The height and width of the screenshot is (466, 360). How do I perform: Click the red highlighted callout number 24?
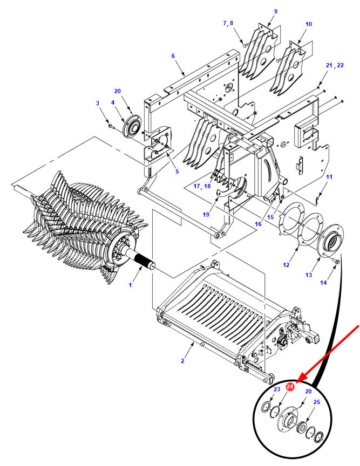290,387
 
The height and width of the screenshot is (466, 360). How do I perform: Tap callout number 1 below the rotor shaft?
130,285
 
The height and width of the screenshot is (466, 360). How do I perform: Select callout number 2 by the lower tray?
182,361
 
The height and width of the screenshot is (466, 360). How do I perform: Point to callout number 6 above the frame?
173,56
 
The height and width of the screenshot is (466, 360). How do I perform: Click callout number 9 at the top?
275,11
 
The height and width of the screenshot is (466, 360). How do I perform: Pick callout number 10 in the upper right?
309,24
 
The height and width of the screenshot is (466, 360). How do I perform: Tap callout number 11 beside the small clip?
329,177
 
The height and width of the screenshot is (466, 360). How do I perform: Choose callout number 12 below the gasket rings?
286,264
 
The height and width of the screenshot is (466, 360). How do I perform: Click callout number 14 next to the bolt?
323,283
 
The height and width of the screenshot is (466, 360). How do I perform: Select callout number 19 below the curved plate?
206,214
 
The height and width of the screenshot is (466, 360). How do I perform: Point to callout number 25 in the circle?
317,402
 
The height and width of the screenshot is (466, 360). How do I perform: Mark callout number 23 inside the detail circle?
277,389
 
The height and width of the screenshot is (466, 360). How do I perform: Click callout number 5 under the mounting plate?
177,172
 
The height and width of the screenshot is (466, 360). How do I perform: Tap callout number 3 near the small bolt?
98,103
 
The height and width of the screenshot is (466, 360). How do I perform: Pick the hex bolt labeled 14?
337,262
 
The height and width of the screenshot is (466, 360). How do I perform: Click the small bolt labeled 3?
111,127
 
